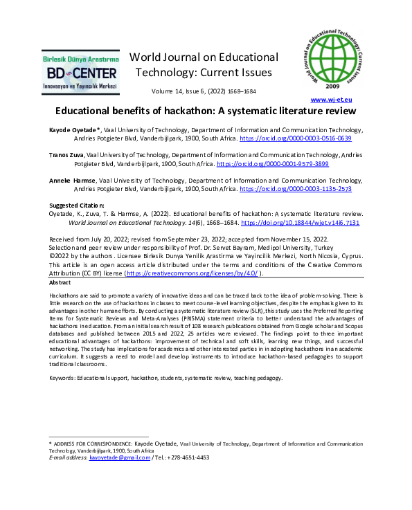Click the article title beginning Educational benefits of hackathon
click(x=206, y=111)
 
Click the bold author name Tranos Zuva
click(x=68, y=155)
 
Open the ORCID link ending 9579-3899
click(x=272, y=164)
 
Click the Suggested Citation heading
click(x=76, y=206)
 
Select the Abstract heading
click(x=60, y=282)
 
